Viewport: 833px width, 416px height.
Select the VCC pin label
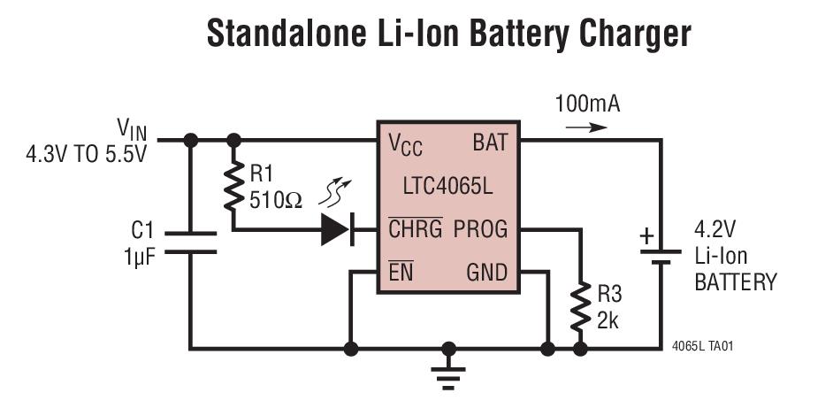click(x=405, y=143)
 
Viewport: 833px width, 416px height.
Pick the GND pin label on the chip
click(x=487, y=273)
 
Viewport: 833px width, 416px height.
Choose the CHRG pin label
click(x=415, y=229)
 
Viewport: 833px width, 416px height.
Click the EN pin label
click(x=401, y=273)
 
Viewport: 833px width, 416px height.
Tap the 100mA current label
click(x=587, y=104)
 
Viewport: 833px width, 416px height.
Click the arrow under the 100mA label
click(x=587, y=127)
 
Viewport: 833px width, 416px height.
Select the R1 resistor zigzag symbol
click(x=233, y=187)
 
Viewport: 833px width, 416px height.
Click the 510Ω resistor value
click(x=275, y=199)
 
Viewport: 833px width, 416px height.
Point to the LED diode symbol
click(x=336, y=230)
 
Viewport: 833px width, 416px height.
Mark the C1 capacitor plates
click(x=189, y=243)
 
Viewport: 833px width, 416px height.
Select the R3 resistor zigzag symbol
click(x=581, y=305)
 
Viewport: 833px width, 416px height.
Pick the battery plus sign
click(x=647, y=235)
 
